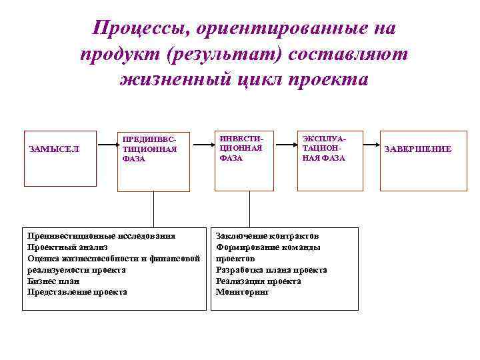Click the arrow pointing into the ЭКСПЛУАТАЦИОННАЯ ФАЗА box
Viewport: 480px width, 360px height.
[286, 141]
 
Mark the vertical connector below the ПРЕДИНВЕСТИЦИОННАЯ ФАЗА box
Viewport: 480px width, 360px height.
[153, 210]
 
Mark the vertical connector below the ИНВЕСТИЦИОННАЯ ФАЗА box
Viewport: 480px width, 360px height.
[249, 210]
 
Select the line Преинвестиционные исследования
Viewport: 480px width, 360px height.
[101, 236]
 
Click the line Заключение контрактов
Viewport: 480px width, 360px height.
[267, 236]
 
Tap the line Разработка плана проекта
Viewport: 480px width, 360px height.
[271, 270]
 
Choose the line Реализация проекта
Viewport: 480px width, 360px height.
[258, 281]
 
